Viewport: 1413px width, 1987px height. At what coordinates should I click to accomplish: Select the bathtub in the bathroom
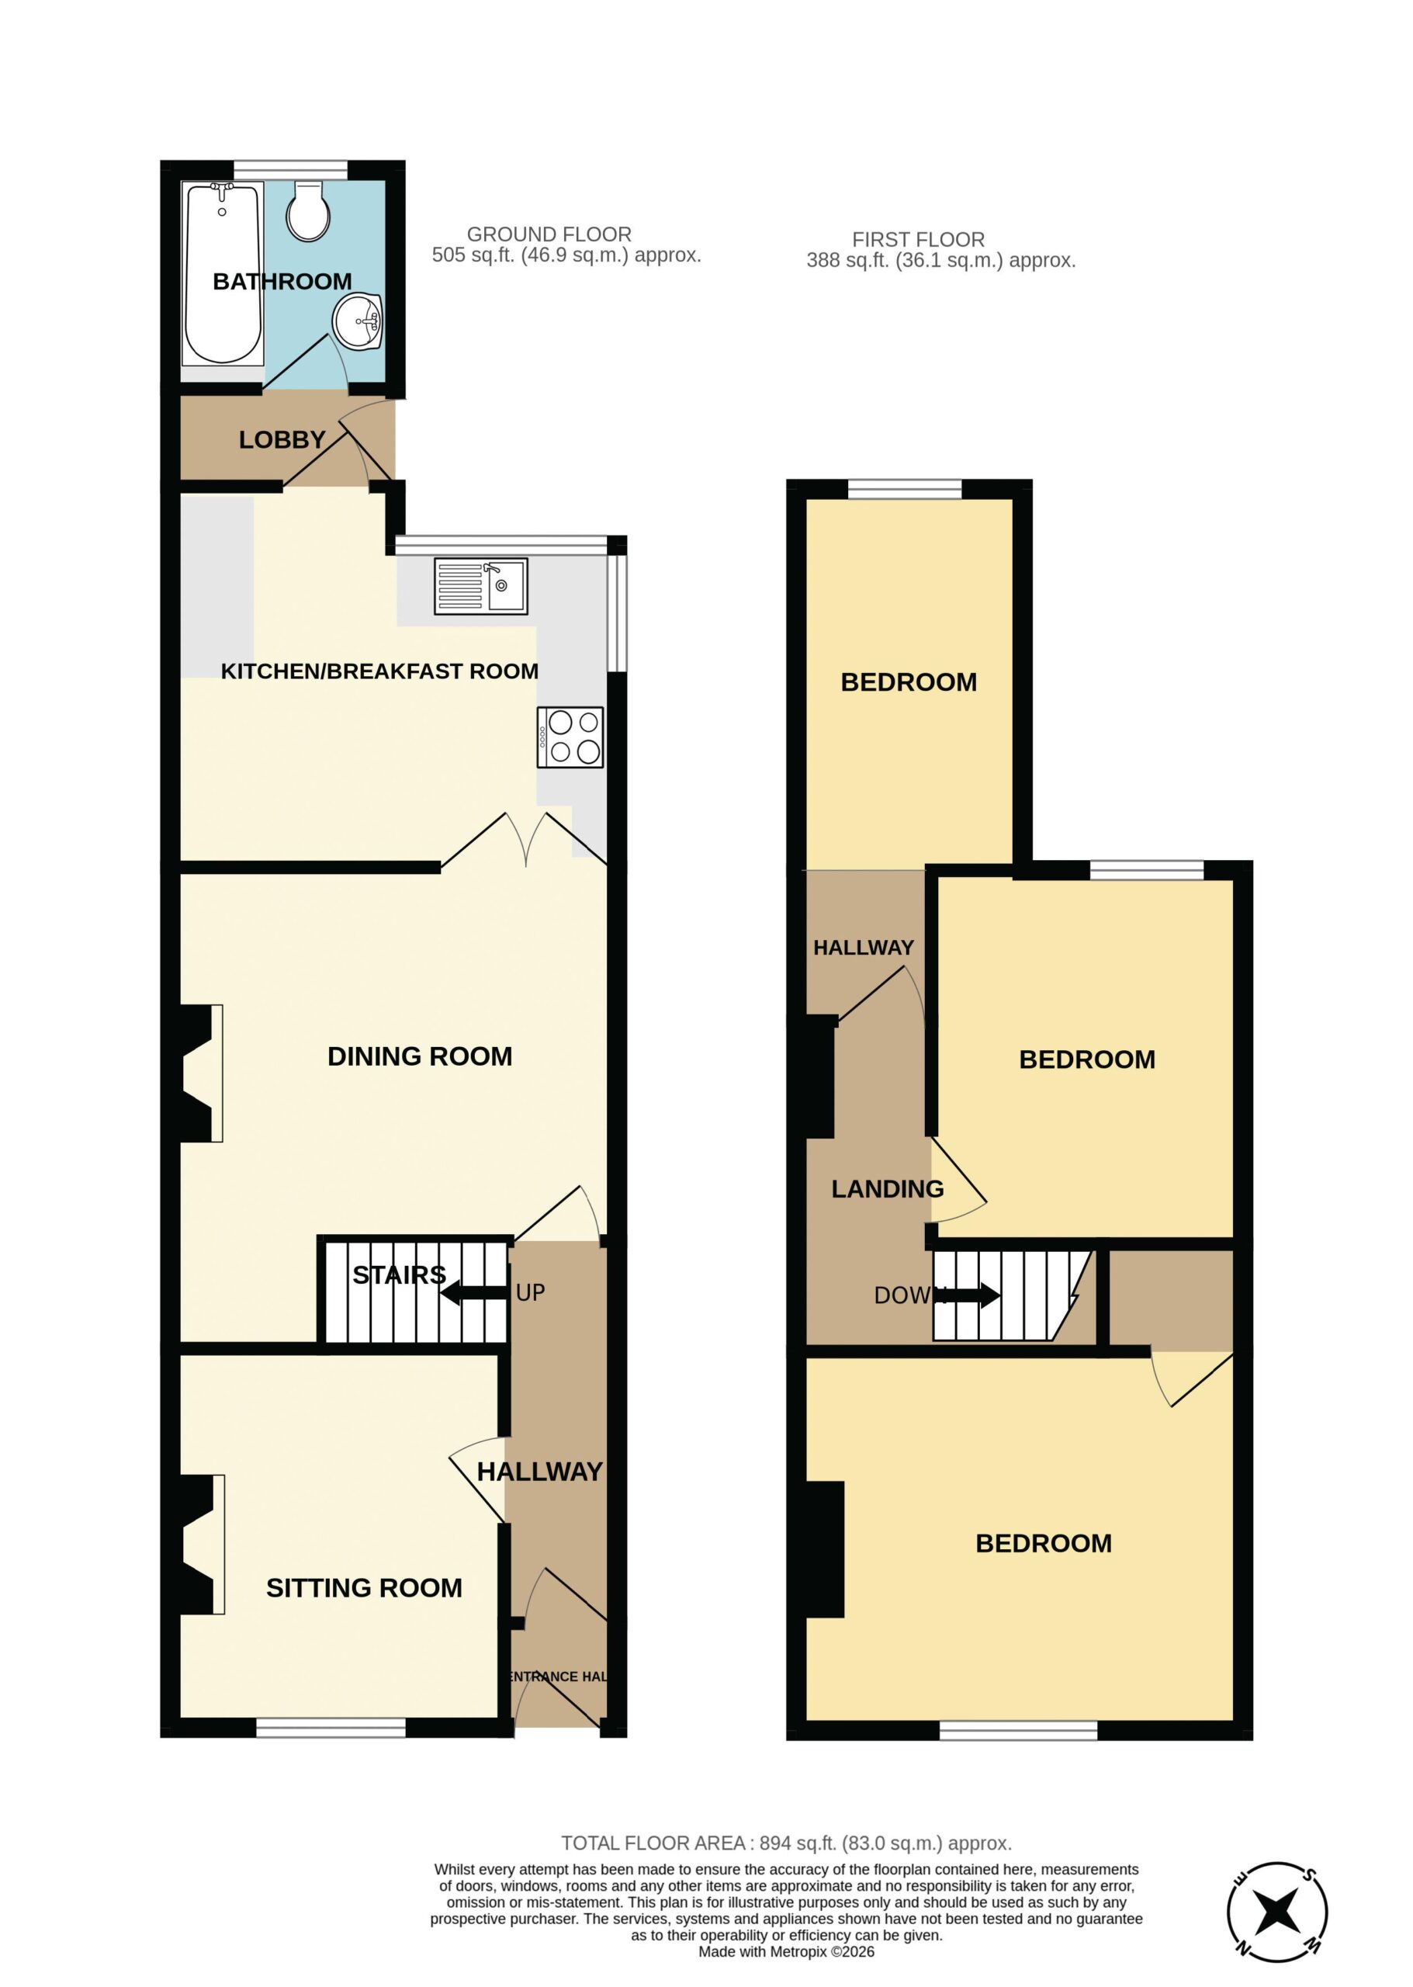coord(222,273)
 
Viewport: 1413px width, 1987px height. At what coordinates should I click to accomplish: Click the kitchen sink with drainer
coord(481,586)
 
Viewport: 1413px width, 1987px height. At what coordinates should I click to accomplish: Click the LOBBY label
coord(282,440)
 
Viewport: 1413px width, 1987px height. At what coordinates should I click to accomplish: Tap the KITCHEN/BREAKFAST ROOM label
coord(379,671)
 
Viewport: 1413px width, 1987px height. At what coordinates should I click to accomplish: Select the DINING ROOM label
coord(419,1056)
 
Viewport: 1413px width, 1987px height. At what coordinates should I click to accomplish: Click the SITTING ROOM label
coord(364,1588)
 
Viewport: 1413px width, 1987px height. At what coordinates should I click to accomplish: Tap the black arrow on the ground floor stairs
coord(474,1293)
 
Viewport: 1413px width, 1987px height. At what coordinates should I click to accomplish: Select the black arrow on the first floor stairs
coord(968,1296)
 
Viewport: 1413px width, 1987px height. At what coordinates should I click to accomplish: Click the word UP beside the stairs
coord(531,1292)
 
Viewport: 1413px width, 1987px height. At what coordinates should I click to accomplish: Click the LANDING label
coord(888,1189)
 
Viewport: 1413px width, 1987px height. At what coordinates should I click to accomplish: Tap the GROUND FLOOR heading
coord(549,234)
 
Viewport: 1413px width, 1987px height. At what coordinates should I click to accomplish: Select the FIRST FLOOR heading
coord(918,239)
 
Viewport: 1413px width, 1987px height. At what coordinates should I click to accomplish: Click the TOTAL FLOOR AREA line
coord(787,1843)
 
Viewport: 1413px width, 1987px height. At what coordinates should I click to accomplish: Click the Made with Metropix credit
coord(787,1952)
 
